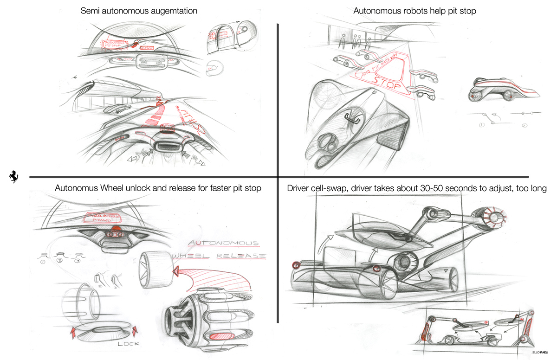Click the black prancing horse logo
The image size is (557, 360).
point(13,176)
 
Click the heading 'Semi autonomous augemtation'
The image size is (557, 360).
point(133,10)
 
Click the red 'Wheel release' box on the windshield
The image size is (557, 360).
point(102,219)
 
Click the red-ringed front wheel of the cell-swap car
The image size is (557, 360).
point(296,265)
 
